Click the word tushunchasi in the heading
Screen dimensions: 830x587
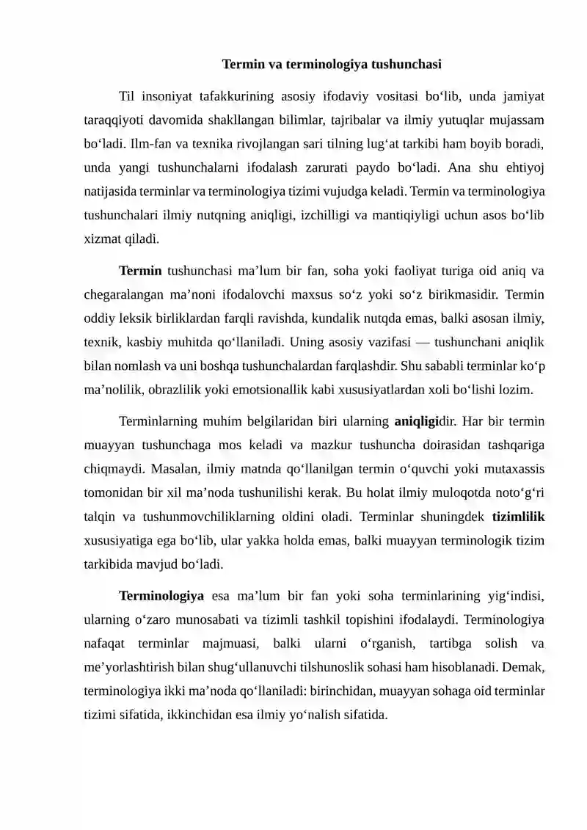[407, 64]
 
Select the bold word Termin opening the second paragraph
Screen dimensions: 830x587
[140, 271]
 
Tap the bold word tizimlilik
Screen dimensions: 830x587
[518, 517]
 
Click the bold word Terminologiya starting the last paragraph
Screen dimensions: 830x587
[161, 595]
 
